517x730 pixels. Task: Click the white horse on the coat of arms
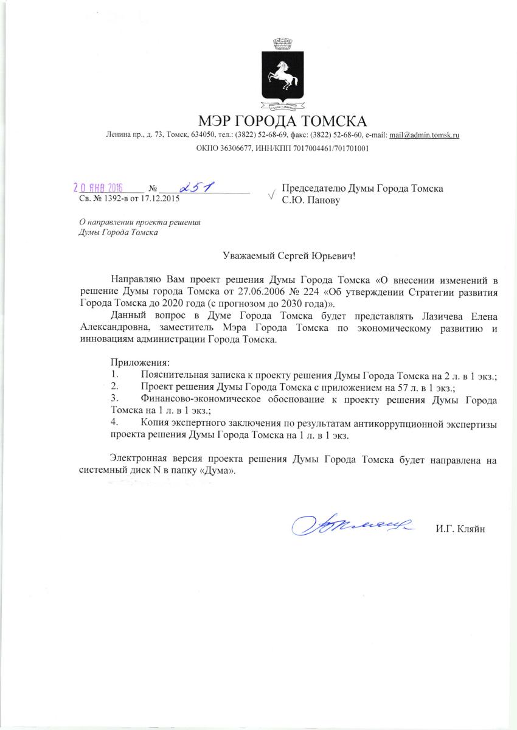tap(282, 76)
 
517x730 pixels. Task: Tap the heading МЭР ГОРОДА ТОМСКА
tap(282, 120)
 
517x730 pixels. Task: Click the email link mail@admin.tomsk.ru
tap(423, 134)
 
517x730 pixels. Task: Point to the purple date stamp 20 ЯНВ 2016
tap(98, 188)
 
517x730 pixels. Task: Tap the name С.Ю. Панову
tap(311, 200)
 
